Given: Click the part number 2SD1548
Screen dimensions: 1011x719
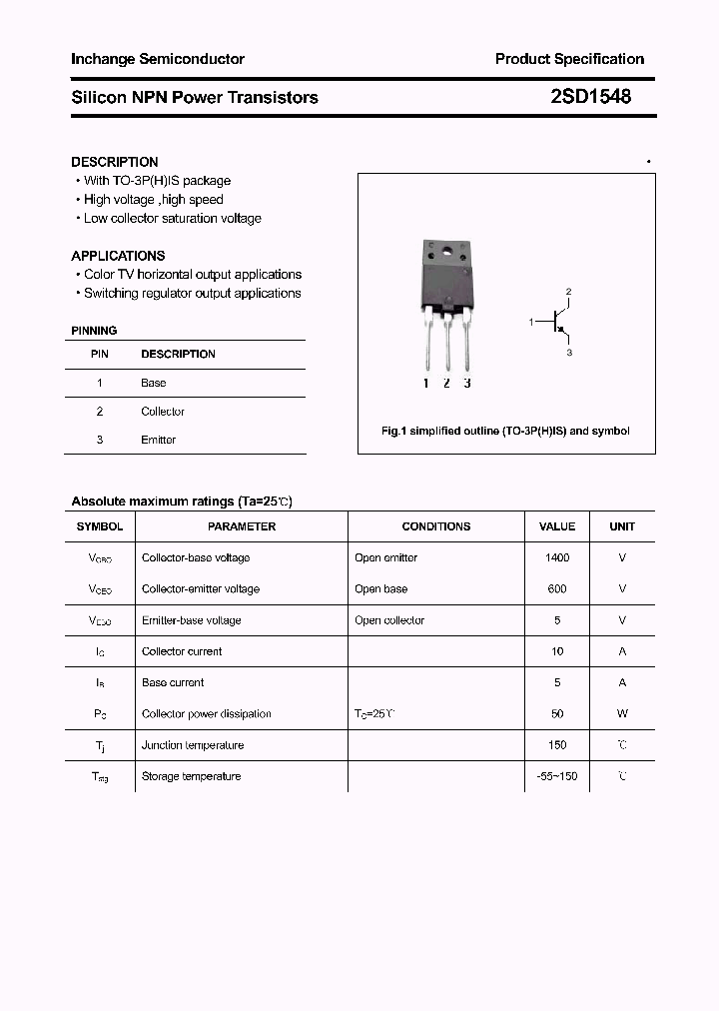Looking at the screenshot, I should click(x=590, y=97).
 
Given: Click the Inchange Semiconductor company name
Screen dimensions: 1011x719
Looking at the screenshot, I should click(x=158, y=59).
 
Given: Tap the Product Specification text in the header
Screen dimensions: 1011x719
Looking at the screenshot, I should click(x=569, y=59).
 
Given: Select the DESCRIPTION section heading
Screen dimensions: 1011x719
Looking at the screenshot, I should click(x=115, y=162).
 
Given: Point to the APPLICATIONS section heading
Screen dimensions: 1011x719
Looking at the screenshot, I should click(x=118, y=256).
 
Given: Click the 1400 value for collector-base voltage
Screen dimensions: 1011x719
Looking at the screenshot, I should click(x=557, y=557).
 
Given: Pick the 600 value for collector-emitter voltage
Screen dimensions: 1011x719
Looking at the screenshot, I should click(x=557, y=588).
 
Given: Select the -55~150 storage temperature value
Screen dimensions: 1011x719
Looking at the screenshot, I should click(x=557, y=776).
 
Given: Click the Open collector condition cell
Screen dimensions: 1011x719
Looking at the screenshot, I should click(x=389, y=620).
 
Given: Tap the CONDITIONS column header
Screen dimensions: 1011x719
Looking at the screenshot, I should click(x=435, y=526).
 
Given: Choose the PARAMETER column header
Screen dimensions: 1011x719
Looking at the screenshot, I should click(x=242, y=526).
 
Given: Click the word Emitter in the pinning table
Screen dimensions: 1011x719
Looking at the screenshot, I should click(x=158, y=440).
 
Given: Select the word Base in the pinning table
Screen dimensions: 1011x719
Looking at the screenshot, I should click(x=153, y=383).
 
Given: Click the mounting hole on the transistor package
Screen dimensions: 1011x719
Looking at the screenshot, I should click(x=445, y=251).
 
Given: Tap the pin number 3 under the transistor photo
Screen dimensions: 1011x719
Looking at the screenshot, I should click(x=467, y=383).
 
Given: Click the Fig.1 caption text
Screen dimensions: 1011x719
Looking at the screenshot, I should click(x=505, y=431).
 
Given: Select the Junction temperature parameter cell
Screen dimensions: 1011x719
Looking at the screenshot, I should click(x=193, y=745).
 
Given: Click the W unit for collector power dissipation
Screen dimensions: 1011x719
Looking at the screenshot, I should click(x=622, y=713).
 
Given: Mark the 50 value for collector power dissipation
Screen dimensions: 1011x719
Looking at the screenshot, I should click(x=557, y=713).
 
